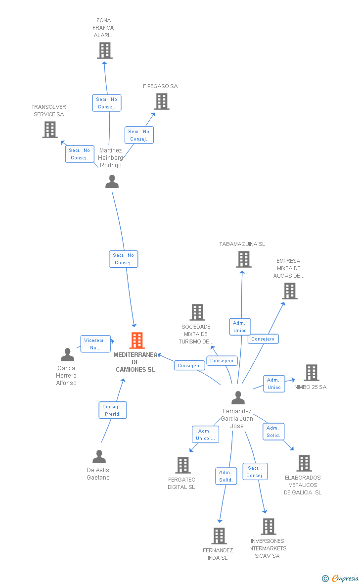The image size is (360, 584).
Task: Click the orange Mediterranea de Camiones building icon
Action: (x=137, y=341)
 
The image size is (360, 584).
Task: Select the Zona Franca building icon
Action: (x=105, y=50)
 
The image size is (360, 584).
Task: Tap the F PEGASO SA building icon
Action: (x=162, y=101)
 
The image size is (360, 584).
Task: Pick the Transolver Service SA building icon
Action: (x=50, y=130)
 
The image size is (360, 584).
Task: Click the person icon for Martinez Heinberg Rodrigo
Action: (x=112, y=182)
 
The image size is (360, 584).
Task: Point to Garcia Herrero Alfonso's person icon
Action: (x=67, y=355)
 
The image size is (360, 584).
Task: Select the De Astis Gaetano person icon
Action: (x=99, y=457)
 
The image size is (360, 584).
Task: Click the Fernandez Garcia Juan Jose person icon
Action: (x=238, y=398)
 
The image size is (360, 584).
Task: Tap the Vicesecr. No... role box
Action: (x=95, y=344)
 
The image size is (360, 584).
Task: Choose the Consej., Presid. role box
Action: (x=113, y=410)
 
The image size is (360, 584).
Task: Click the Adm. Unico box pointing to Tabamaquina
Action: (x=240, y=327)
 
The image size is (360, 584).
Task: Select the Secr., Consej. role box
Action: (x=255, y=472)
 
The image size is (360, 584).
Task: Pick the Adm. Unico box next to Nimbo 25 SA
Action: (x=274, y=384)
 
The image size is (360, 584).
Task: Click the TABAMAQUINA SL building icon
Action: (x=244, y=259)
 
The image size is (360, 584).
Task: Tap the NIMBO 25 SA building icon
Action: (x=312, y=373)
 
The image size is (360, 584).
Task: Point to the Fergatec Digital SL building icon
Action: (x=183, y=465)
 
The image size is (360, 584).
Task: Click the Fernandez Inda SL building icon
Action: (x=219, y=536)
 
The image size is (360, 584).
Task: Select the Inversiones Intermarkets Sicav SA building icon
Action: (x=269, y=527)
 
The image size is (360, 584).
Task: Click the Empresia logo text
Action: (x=345, y=578)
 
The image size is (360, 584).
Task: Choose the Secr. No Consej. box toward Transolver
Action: (x=80, y=154)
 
